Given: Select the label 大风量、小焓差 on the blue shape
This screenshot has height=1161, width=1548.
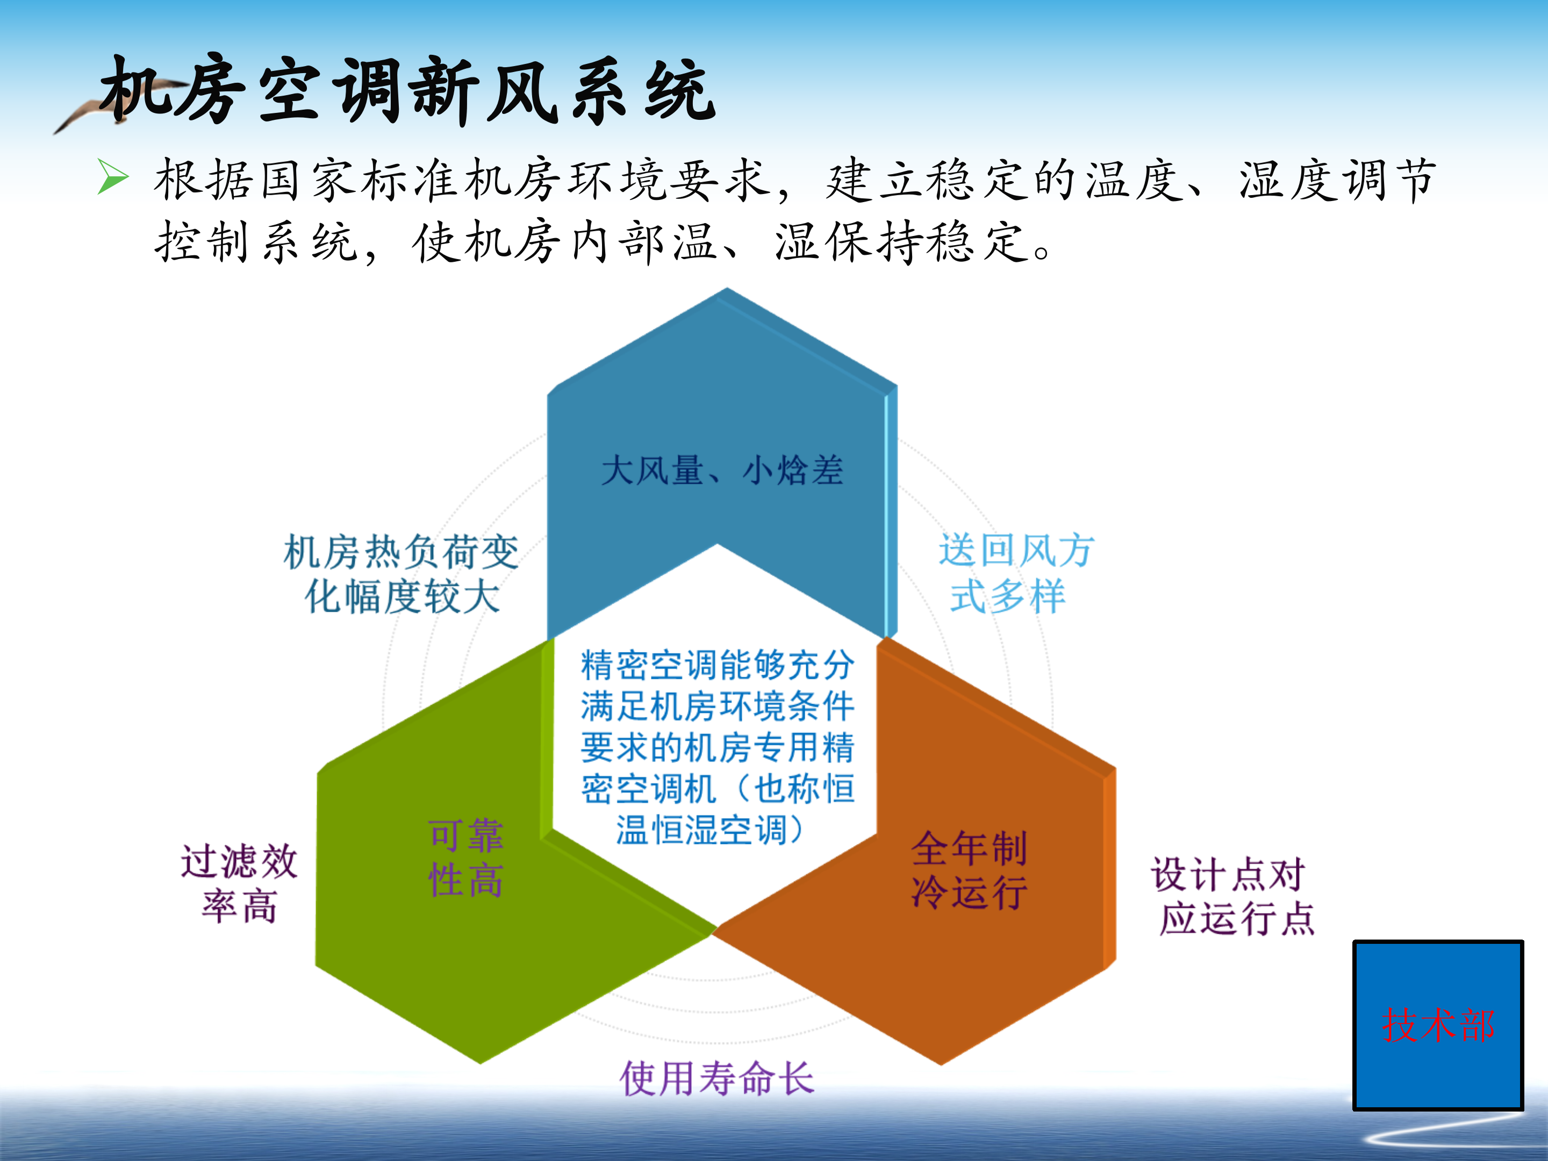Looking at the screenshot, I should (x=722, y=470).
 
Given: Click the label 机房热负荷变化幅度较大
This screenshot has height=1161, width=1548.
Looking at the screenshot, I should (x=402, y=574).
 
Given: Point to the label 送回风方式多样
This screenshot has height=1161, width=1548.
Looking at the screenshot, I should (x=1015, y=572).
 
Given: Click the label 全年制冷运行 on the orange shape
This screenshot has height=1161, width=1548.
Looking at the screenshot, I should (x=969, y=870).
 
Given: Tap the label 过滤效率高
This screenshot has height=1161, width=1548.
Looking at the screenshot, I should (x=239, y=883).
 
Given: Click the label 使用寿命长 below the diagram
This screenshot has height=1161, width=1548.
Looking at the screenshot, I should (x=716, y=1078).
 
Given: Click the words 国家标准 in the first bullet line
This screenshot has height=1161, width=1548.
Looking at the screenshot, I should (x=336, y=181).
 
